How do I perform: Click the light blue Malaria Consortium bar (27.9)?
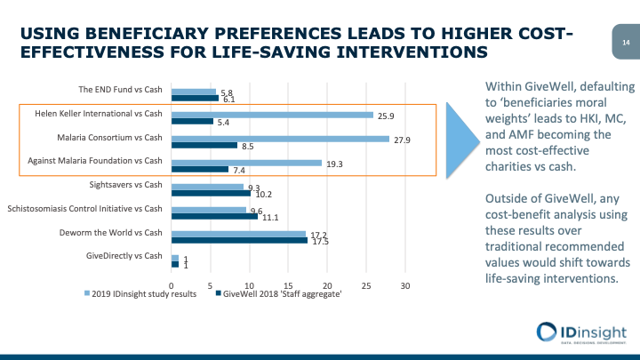[x=280, y=139]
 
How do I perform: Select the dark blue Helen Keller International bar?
[x=192, y=121]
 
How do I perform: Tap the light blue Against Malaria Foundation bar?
[x=246, y=163]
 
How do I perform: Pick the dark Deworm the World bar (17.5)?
[x=239, y=240]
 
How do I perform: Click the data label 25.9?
[x=386, y=115]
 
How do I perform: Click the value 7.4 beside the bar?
[x=239, y=169]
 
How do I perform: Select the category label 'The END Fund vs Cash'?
[x=120, y=89]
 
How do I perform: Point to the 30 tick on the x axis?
[x=405, y=285]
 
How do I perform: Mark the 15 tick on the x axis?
[x=288, y=285]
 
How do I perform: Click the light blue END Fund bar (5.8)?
[x=193, y=91]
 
